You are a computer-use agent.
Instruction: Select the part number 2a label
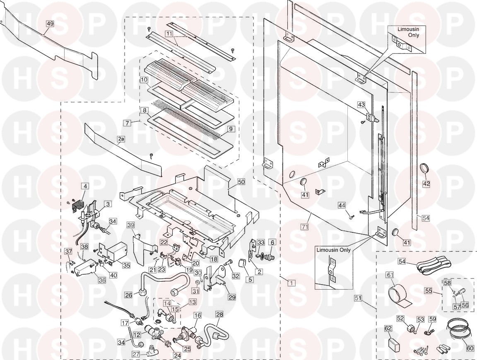[x=121, y=139]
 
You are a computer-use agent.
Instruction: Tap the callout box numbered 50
[x=241, y=182]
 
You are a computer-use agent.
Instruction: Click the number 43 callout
[x=361, y=105]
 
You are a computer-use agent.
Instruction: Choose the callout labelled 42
[x=426, y=184]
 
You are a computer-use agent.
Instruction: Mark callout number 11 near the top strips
[x=169, y=33]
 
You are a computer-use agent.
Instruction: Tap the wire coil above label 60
[x=459, y=330]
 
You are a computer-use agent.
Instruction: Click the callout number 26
[x=128, y=295]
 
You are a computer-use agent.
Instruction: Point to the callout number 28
[x=219, y=314]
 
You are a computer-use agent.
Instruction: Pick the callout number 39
[x=130, y=225]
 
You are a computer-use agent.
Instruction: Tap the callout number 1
[x=291, y=283]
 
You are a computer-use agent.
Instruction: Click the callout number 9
[x=231, y=129]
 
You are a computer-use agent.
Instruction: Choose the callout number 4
[x=85, y=186]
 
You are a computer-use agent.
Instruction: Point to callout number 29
[x=232, y=297]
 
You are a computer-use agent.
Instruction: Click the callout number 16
[x=198, y=315]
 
